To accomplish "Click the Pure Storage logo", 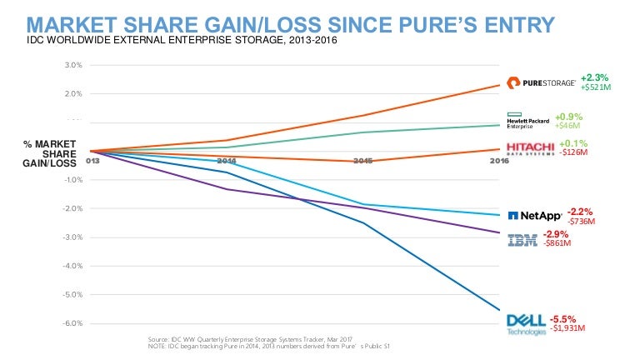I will (540, 82).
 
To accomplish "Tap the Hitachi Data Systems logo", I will (531, 149).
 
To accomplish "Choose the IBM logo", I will (522, 240).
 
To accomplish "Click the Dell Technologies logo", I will (525, 323).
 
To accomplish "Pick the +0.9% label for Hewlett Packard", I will (568, 117).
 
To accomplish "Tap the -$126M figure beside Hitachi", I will (572, 153).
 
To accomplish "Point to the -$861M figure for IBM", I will (557, 244).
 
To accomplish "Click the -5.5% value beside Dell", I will (564, 317).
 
